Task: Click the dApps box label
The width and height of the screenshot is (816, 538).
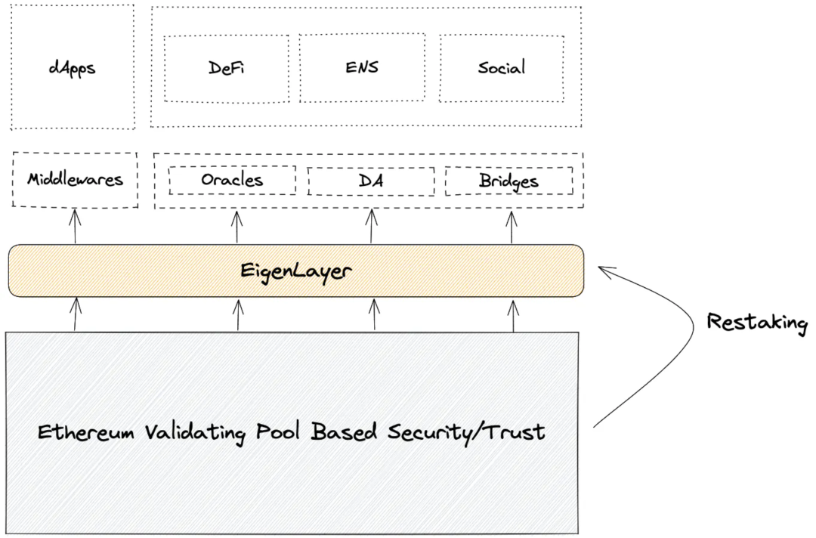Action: tap(73, 69)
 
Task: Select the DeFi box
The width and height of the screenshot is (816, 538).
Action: tap(227, 68)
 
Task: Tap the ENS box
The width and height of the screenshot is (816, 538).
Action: tap(362, 67)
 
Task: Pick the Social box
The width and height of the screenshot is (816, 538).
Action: tap(502, 68)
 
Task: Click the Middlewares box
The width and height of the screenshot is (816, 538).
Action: tap(75, 180)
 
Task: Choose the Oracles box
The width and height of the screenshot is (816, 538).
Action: tap(232, 180)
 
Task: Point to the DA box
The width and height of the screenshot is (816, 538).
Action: tap(371, 181)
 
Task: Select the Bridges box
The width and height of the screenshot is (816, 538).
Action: tap(509, 181)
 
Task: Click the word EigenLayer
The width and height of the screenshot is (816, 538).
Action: tap(295, 271)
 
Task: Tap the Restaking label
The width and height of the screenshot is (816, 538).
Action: tap(757, 323)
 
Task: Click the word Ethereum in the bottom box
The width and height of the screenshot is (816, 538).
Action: tap(86, 432)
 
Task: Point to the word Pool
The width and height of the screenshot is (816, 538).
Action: tap(278, 432)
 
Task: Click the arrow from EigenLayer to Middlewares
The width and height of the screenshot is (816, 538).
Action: tap(76, 227)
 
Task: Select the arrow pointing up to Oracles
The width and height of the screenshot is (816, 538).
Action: tap(236, 227)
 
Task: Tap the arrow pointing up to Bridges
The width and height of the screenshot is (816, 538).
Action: tap(512, 227)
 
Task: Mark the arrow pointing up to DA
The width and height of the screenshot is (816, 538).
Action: tap(371, 226)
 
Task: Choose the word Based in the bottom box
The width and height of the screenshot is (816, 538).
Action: tap(344, 432)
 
